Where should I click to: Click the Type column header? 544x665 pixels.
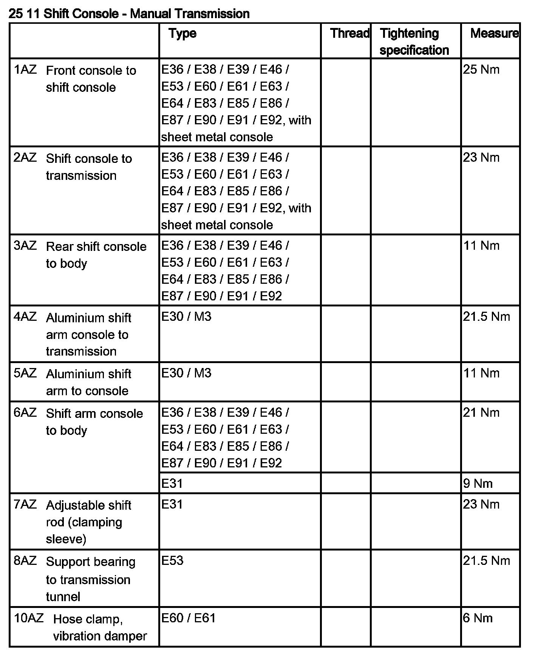[x=182, y=34]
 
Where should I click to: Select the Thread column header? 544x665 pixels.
[x=349, y=34]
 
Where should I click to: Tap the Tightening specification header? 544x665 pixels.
[x=414, y=42]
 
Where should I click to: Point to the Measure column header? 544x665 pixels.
[x=494, y=34]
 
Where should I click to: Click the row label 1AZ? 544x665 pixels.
[x=25, y=70]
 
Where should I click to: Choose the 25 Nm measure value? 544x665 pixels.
[x=481, y=70]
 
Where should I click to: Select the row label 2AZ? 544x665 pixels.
[x=25, y=158]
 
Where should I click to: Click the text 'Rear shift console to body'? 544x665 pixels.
[x=96, y=255]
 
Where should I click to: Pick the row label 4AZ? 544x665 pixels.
[x=25, y=317]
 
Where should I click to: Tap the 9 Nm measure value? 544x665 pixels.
[x=478, y=484]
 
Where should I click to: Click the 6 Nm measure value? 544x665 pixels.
[x=478, y=618]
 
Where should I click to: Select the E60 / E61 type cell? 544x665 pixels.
[x=188, y=618]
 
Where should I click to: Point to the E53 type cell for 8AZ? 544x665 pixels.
[x=172, y=560]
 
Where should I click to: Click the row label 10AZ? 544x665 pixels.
[x=28, y=619]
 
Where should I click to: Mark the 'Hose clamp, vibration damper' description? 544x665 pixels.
[x=100, y=627]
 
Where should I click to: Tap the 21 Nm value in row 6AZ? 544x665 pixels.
[x=481, y=413]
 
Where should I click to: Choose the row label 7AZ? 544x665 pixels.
[x=25, y=504]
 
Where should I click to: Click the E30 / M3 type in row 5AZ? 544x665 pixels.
[x=186, y=373]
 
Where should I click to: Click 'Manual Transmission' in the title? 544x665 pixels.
[x=190, y=14]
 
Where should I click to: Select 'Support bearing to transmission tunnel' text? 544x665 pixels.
[x=90, y=579]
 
